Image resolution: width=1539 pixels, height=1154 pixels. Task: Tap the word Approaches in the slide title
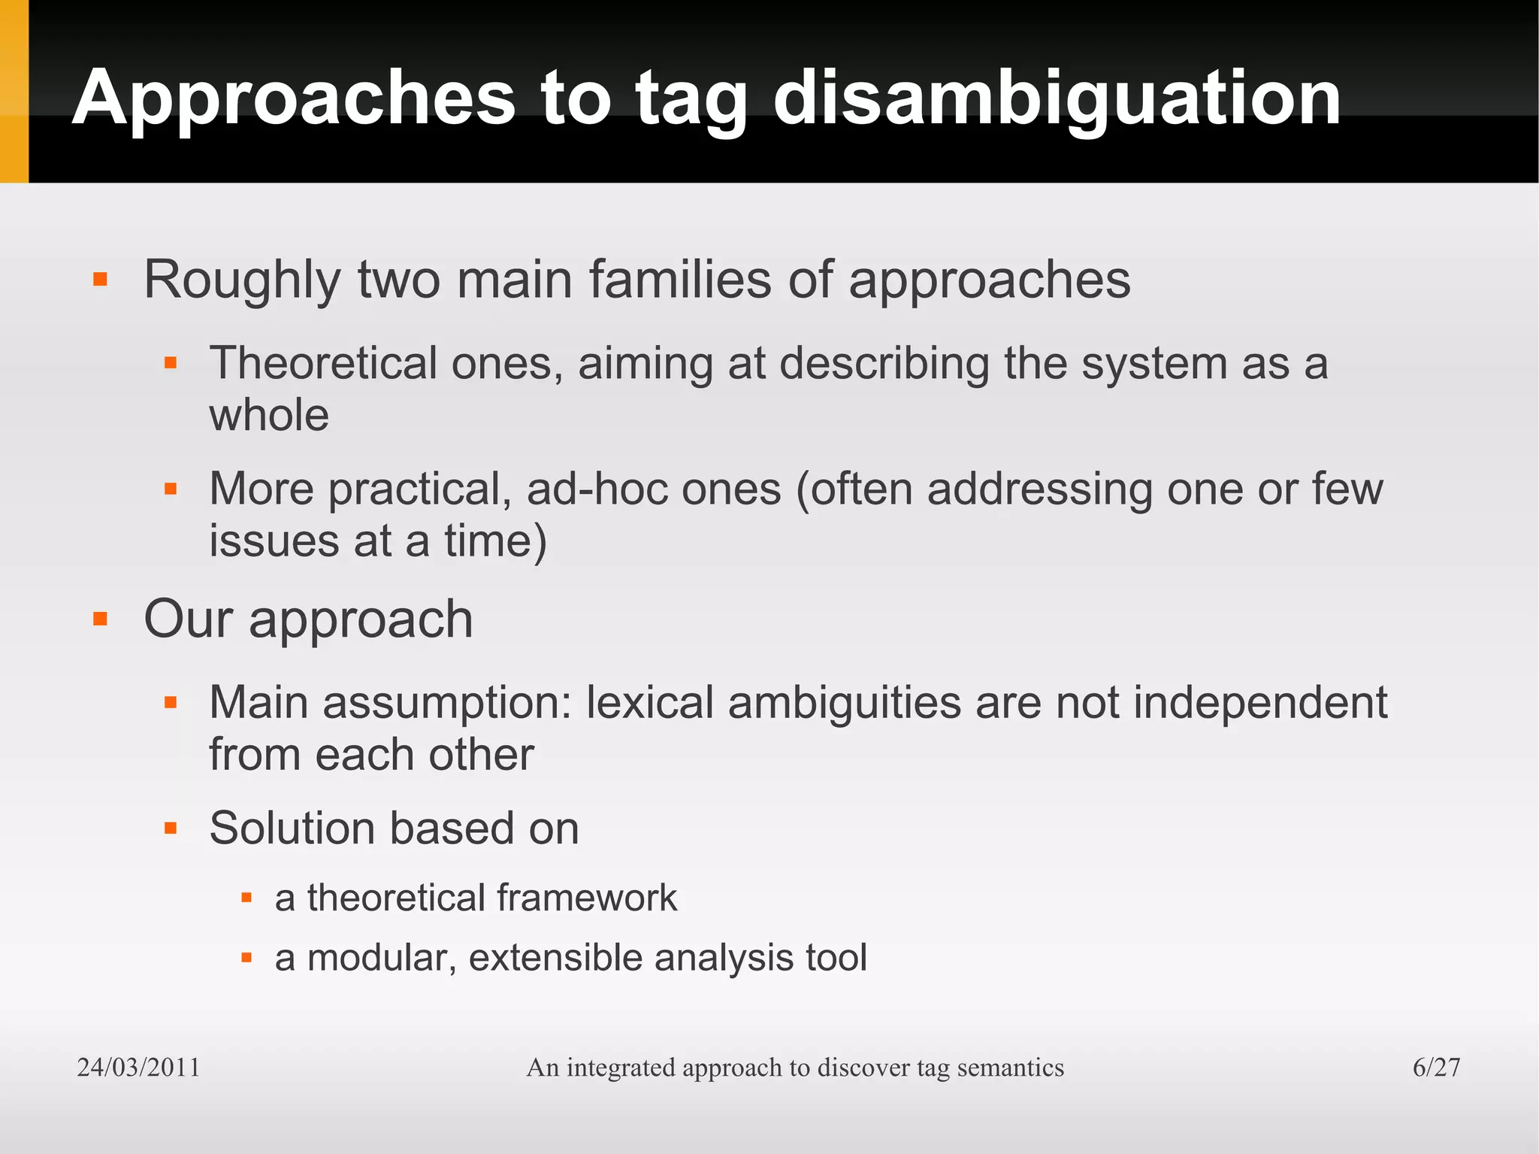point(294,98)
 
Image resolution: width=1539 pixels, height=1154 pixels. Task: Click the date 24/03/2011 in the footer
point(138,1067)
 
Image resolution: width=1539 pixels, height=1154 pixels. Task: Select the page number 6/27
point(1436,1067)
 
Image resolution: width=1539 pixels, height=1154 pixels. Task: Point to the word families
point(680,280)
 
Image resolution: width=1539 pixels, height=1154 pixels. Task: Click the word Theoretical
point(322,363)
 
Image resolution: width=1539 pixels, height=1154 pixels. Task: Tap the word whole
point(268,415)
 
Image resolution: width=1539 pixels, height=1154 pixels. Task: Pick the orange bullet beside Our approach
point(100,619)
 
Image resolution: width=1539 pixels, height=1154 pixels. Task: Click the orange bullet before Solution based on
point(171,828)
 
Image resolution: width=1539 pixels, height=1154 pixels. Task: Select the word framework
point(586,898)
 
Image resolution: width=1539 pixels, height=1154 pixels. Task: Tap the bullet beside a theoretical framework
point(246,898)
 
